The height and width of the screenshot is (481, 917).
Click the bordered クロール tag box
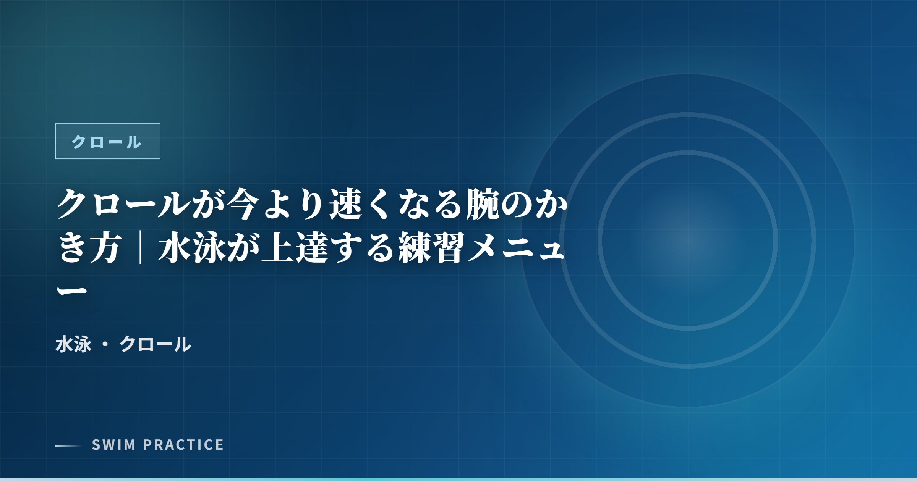click(107, 141)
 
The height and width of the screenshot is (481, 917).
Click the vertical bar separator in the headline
click(141, 248)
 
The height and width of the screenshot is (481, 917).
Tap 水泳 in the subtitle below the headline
click(73, 344)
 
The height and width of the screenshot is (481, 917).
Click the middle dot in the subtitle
click(105, 344)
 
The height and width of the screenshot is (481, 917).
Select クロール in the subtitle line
click(155, 344)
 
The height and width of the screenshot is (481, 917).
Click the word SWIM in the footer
click(113, 445)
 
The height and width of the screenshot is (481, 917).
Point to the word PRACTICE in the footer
click(183, 445)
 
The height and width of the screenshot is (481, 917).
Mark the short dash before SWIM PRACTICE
click(68, 445)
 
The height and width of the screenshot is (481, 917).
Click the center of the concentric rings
click(688, 240)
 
